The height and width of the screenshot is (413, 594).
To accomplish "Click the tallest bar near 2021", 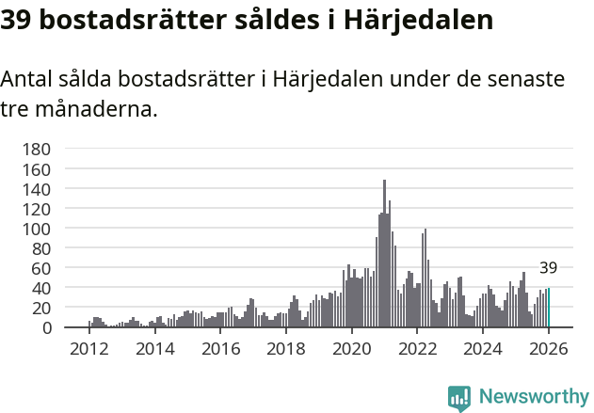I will tap(384, 254).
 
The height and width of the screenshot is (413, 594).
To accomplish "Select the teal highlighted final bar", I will tap(549, 309).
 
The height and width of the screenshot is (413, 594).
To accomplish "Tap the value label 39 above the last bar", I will tap(549, 268).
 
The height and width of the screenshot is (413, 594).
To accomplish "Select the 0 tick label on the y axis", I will tap(45, 327).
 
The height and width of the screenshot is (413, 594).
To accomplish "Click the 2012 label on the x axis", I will tap(89, 348).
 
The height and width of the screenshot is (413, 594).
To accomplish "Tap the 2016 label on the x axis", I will tap(220, 348).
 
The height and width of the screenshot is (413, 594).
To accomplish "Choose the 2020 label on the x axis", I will tap(352, 348).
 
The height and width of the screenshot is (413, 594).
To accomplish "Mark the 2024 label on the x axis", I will tap(483, 348).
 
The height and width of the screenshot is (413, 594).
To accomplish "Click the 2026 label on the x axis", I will tap(549, 348).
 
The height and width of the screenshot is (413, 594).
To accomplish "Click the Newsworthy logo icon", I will tap(459, 398).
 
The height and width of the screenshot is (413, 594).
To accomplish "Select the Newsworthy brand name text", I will tap(533, 398).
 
